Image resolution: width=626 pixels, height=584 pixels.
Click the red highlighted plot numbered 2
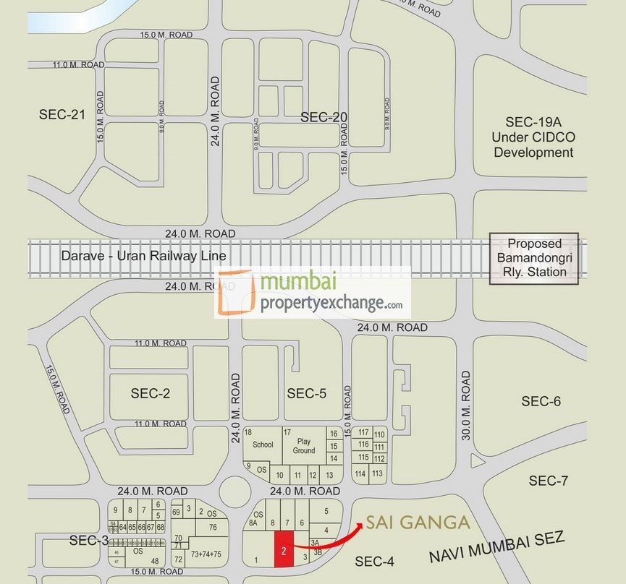click(283, 549)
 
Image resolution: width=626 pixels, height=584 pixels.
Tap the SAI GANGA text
click(417, 523)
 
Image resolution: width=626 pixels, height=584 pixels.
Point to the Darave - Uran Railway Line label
click(143, 256)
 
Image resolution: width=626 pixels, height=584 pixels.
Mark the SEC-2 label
click(151, 393)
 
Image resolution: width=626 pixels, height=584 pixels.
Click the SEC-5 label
click(307, 393)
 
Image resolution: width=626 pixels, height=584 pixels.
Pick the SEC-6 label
click(541, 401)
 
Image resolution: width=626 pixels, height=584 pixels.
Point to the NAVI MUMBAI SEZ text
click(496, 546)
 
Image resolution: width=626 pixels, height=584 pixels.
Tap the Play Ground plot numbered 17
click(303, 445)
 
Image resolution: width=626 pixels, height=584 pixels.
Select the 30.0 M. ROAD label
click(465, 405)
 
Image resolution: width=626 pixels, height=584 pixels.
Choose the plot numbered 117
click(363, 432)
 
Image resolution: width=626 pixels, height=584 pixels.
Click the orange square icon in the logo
click(234, 293)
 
